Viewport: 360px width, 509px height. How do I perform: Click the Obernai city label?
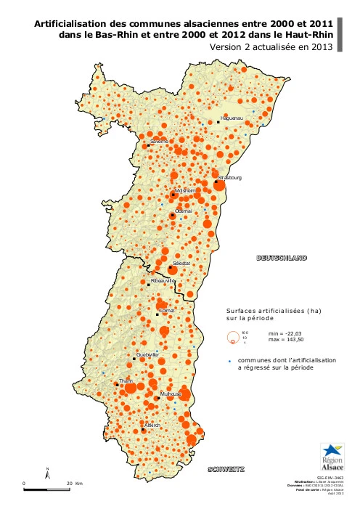tap(184, 211)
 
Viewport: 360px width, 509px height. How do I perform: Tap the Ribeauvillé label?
tap(163, 280)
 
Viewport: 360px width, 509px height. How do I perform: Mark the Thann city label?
tap(126, 380)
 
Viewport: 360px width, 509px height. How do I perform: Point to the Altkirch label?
tap(152, 424)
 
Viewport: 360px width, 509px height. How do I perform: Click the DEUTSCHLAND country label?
tap(282, 258)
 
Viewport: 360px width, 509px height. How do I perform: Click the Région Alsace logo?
tap(332, 457)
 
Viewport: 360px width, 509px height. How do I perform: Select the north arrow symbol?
tap(47, 475)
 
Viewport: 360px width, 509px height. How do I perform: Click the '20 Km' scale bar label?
tap(75, 483)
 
